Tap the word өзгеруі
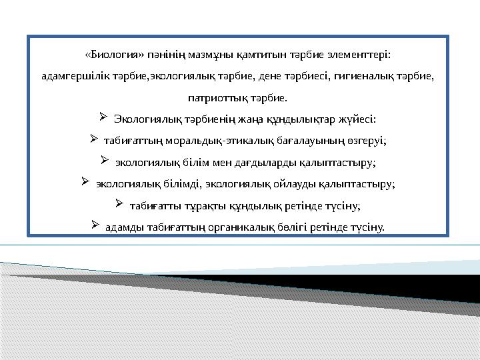369,141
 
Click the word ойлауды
291,183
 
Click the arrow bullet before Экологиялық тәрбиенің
104,118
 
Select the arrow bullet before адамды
95,225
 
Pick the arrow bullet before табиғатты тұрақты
119,203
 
